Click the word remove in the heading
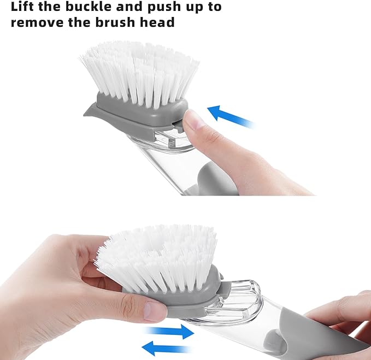(x=36, y=23)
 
